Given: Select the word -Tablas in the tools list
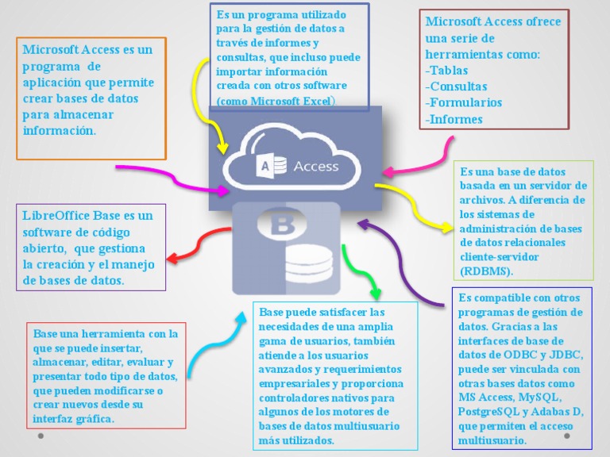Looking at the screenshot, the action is pos(447,70).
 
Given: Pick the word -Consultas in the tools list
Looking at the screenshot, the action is pos(457,86).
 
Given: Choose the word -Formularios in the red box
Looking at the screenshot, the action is pos(464,103).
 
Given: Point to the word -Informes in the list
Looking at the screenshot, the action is pos(454,120).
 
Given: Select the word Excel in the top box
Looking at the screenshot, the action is pos(315,102).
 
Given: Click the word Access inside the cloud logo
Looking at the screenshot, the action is pos(315,167).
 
